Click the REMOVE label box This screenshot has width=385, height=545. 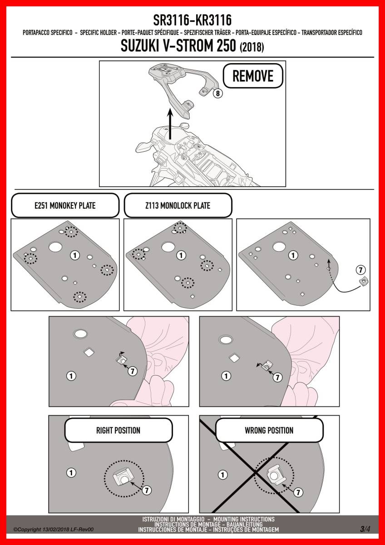click(253, 76)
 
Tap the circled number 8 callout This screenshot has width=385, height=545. click(218, 94)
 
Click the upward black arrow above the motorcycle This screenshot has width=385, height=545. click(170, 124)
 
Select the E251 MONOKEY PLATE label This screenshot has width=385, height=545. click(65, 206)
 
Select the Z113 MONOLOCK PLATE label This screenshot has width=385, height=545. click(178, 206)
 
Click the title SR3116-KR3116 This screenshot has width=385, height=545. click(192, 20)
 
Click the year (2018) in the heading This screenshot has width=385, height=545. click(252, 47)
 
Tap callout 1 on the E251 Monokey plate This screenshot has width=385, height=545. click(75, 255)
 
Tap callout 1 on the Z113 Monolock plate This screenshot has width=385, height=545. click(181, 255)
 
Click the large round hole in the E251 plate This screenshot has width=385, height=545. click(55, 247)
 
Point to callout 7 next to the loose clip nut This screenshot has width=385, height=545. click(360, 270)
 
